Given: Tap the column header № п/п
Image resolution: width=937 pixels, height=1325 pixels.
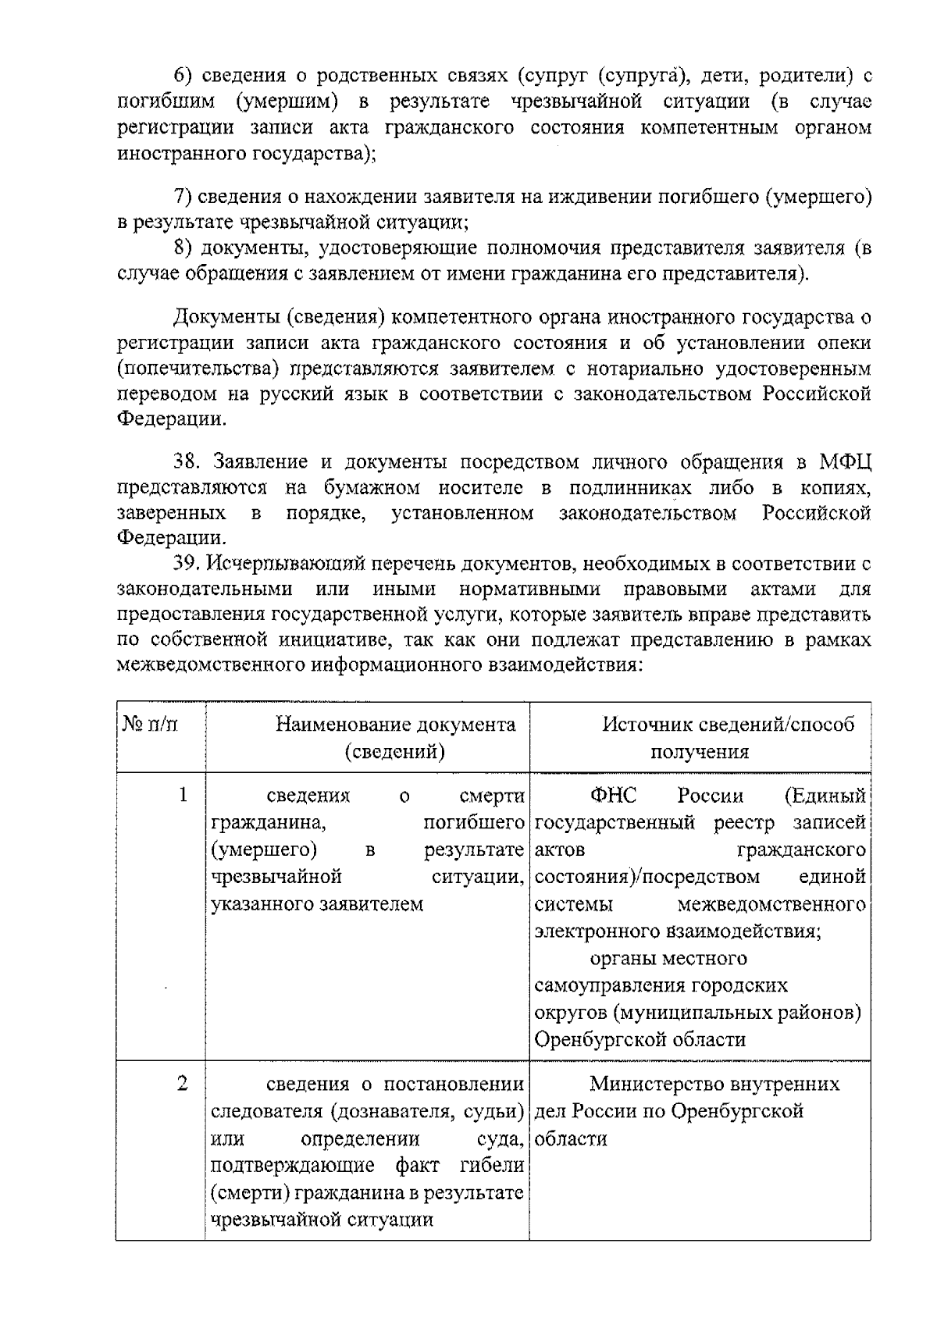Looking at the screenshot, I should (150, 725).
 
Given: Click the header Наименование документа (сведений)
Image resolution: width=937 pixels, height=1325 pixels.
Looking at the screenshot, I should (395, 738).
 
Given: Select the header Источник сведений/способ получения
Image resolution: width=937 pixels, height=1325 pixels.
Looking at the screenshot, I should (700, 738).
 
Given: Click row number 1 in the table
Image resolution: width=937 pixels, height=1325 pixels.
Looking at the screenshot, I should (183, 796).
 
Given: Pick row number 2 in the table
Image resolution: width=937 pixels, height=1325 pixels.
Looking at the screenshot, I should (183, 1084).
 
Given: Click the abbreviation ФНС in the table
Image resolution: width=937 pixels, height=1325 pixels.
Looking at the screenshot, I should (615, 796).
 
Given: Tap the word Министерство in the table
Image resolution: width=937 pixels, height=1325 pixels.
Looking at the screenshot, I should (647, 1084).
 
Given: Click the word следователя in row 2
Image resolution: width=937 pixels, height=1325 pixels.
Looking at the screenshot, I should (263, 1111).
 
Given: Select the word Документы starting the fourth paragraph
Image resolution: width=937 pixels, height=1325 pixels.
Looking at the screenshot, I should (224, 318).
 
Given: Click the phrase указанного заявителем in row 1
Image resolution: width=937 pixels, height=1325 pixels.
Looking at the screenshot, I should (317, 904).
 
